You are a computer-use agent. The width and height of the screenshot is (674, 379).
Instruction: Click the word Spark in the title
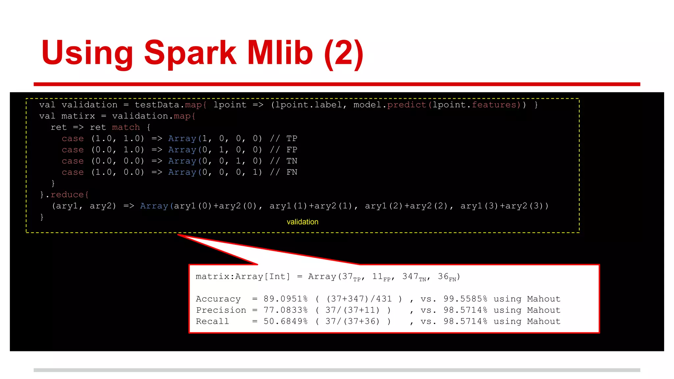tap(190, 53)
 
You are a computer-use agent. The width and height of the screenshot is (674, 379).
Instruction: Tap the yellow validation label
tap(302, 222)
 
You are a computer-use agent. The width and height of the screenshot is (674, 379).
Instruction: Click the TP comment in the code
tap(292, 139)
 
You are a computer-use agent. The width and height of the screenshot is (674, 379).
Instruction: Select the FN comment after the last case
tap(292, 172)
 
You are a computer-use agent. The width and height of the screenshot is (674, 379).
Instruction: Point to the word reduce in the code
tap(67, 195)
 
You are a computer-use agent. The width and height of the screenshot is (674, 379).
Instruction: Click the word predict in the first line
tap(406, 105)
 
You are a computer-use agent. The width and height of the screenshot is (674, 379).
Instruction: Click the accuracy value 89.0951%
tap(285, 299)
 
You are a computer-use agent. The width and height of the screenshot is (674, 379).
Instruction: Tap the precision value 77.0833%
tap(285, 310)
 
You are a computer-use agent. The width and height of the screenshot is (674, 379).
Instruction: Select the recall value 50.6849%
tap(285, 321)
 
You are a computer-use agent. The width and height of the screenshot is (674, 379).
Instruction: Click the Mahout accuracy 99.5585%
tap(465, 299)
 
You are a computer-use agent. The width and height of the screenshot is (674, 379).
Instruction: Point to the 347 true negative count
tap(410, 276)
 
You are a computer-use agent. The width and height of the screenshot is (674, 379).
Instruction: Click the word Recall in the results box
tap(212, 321)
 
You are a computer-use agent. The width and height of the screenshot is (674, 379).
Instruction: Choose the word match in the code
tap(126, 127)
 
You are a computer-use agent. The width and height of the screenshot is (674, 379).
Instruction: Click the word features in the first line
tap(494, 105)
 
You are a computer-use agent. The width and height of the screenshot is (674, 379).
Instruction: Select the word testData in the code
tap(157, 105)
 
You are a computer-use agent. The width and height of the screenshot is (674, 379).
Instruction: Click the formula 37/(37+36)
tap(352, 321)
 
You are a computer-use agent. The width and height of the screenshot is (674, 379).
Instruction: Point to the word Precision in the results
tap(221, 310)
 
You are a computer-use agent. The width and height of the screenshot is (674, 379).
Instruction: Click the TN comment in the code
tap(292, 161)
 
